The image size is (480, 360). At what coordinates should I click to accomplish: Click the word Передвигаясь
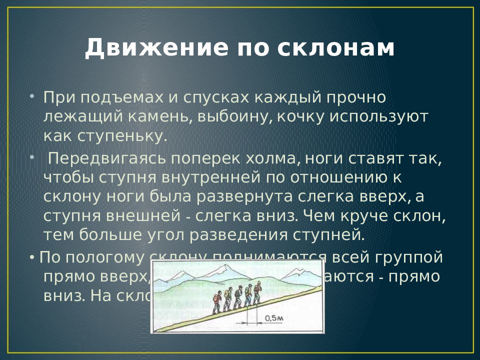[107, 159]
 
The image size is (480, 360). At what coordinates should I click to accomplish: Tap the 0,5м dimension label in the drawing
[274, 318]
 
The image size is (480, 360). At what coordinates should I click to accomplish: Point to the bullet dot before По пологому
[32, 257]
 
